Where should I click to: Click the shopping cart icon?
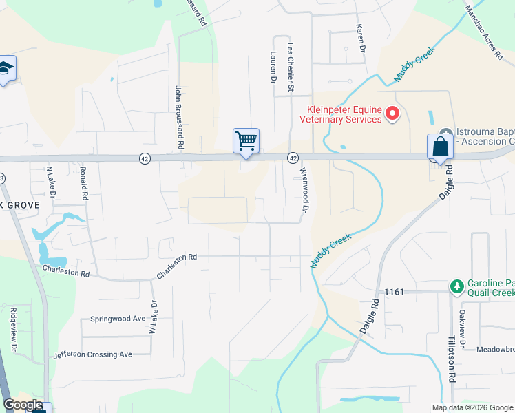pos(246,140)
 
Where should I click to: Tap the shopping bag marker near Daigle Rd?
pos(440,147)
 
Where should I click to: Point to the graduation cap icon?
pos(5,68)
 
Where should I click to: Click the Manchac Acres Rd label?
pos(483,34)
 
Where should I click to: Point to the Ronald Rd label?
pos(83,182)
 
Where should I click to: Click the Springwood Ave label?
pos(118,319)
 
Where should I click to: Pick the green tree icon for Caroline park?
pos(456,286)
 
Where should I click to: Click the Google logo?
pos(23,405)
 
